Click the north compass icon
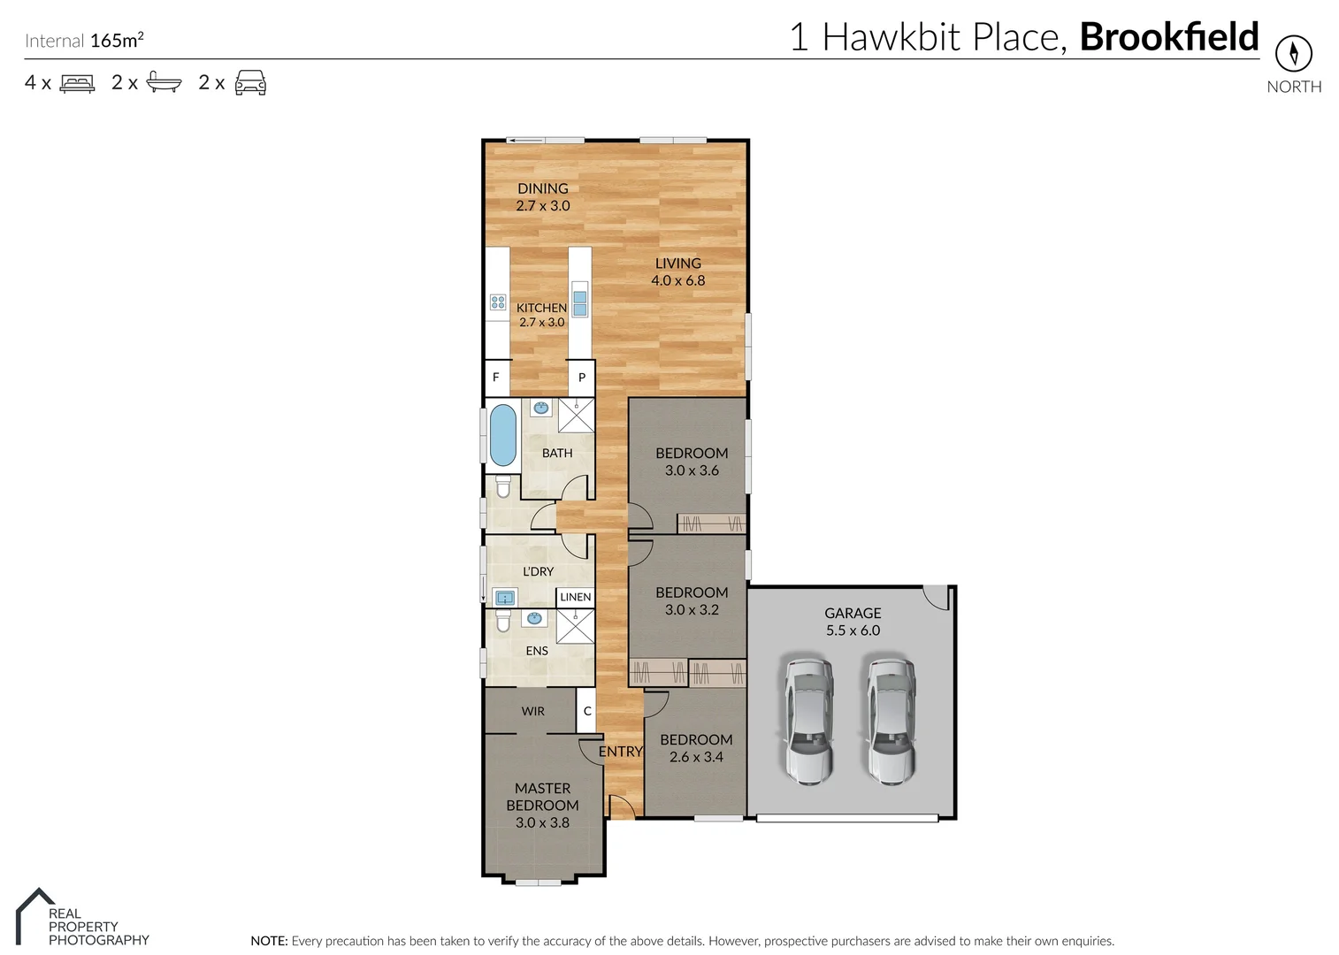pyautogui.click(x=1293, y=54)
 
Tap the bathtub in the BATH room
pyautogui.click(x=502, y=435)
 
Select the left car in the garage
pyautogui.click(x=808, y=720)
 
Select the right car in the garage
pyautogui.click(x=889, y=720)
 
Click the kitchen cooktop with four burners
pyautogui.click(x=498, y=302)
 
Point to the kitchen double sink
pyautogui.click(x=579, y=303)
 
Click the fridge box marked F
pyautogui.click(x=496, y=378)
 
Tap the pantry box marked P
pyautogui.click(x=581, y=378)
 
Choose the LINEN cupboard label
pyautogui.click(x=575, y=597)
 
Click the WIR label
pyautogui.click(x=532, y=711)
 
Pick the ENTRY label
pyautogui.click(x=620, y=752)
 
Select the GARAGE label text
pyautogui.click(x=853, y=613)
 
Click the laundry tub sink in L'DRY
pyautogui.click(x=504, y=598)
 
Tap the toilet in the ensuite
pyautogui.click(x=503, y=621)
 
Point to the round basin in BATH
pyautogui.click(x=541, y=409)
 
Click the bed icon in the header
pyautogui.click(x=77, y=83)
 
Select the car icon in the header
pyautogui.click(x=250, y=83)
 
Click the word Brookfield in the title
pyautogui.click(x=1168, y=37)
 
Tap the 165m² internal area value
pyautogui.click(x=117, y=41)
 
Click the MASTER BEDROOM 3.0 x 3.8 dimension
pyautogui.click(x=542, y=822)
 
